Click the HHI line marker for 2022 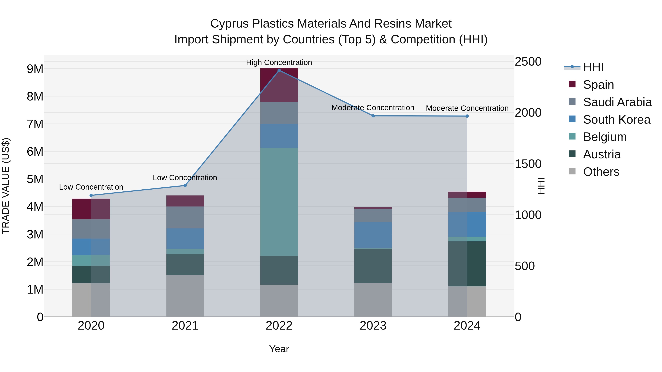(279, 70)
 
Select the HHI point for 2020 (91, 195)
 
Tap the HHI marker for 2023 (373, 116)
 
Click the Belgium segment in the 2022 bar (279, 202)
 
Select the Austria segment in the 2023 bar (373, 266)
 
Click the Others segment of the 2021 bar (185, 296)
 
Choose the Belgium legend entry (605, 137)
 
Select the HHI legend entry (593, 67)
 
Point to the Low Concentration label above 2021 (185, 178)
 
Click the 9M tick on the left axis (35, 69)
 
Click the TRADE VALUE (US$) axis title (6, 186)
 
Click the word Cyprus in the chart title (229, 24)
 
